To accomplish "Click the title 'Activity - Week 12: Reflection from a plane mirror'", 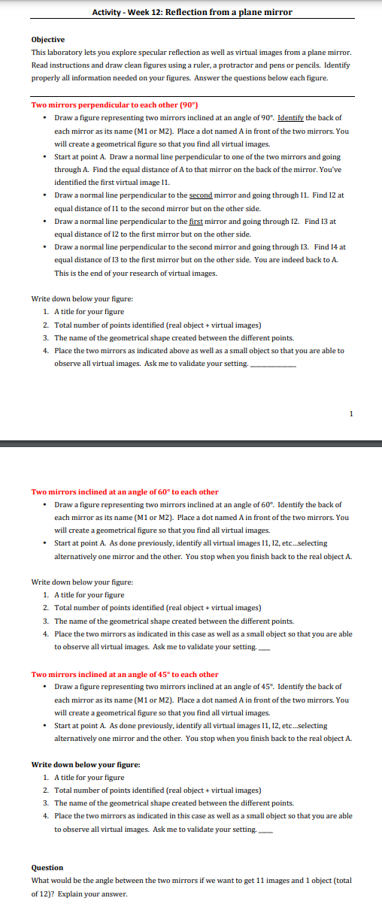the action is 191,12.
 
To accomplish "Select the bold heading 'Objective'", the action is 48,39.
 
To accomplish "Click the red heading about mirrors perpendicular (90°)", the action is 109,104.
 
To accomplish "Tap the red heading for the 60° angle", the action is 125,492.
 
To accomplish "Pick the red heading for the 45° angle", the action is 125,674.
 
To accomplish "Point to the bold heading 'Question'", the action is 47,867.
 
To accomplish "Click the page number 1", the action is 350,413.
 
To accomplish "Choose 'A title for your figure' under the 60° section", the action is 89,595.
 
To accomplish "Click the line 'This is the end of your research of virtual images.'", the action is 135,273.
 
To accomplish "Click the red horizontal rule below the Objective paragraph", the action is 191,95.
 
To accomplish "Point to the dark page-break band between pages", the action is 191,443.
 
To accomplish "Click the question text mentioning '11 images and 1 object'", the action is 191,880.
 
